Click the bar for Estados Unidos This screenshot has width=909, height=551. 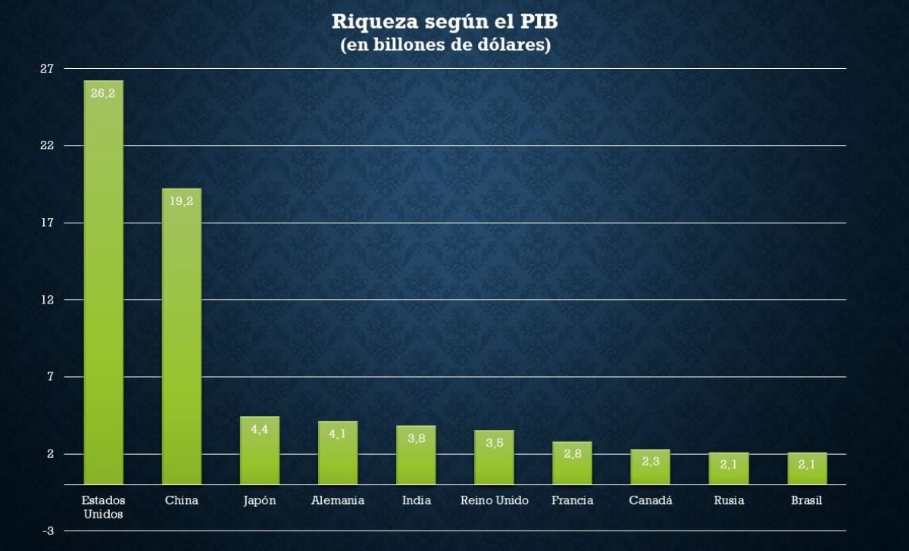[103, 288]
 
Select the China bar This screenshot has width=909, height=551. [182, 341]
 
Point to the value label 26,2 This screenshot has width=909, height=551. [103, 93]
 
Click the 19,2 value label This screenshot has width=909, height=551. [182, 201]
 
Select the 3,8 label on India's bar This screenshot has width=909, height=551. [416, 438]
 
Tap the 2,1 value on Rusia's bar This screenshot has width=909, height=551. [728, 465]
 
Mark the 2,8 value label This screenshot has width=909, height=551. [572, 453]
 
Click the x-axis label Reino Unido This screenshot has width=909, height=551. [494, 500]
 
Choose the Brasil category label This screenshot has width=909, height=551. [806, 500]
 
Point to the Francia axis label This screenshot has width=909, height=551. [572, 500]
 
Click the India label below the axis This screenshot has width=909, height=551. [416, 500]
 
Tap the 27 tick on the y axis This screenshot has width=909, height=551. [47, 69]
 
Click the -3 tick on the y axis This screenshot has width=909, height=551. [47, 531]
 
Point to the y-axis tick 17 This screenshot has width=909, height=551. [47, 223]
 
